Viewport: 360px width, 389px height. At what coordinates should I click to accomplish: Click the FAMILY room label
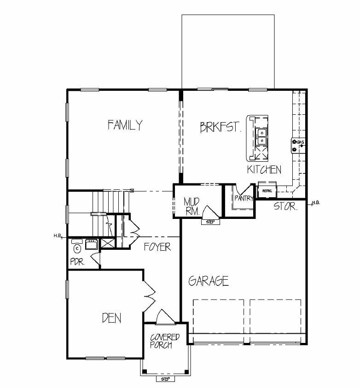point(125,125)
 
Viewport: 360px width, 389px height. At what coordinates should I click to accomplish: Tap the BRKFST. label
point(221,127)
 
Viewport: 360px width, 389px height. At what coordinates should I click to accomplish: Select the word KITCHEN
point(264,169)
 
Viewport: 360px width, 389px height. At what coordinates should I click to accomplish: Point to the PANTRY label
point(244,198)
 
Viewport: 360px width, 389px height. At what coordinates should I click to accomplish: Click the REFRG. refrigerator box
point(267,190)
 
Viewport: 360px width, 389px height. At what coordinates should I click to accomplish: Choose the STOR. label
point(285,206)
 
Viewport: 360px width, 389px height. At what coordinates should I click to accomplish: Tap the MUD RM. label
point(192,206)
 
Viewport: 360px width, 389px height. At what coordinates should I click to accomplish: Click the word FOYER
point(157,247)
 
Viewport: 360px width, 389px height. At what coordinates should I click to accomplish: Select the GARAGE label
point(209,281)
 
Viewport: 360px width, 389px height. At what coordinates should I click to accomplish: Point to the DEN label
point(111,318)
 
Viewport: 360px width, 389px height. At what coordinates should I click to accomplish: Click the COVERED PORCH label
point(165,341)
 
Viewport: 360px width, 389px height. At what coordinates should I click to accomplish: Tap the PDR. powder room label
point(77,261)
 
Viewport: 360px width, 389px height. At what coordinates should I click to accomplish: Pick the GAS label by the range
point(300,142)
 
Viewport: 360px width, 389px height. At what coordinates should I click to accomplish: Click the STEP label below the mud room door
point(210,222)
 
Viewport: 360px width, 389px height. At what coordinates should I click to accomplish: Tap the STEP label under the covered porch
point(165,379)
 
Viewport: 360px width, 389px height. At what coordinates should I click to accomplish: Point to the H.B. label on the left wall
point(58,236)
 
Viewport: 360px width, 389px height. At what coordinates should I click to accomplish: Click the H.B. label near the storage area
point(316,203)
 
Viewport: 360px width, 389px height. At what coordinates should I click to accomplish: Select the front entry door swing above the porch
point(164,317)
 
